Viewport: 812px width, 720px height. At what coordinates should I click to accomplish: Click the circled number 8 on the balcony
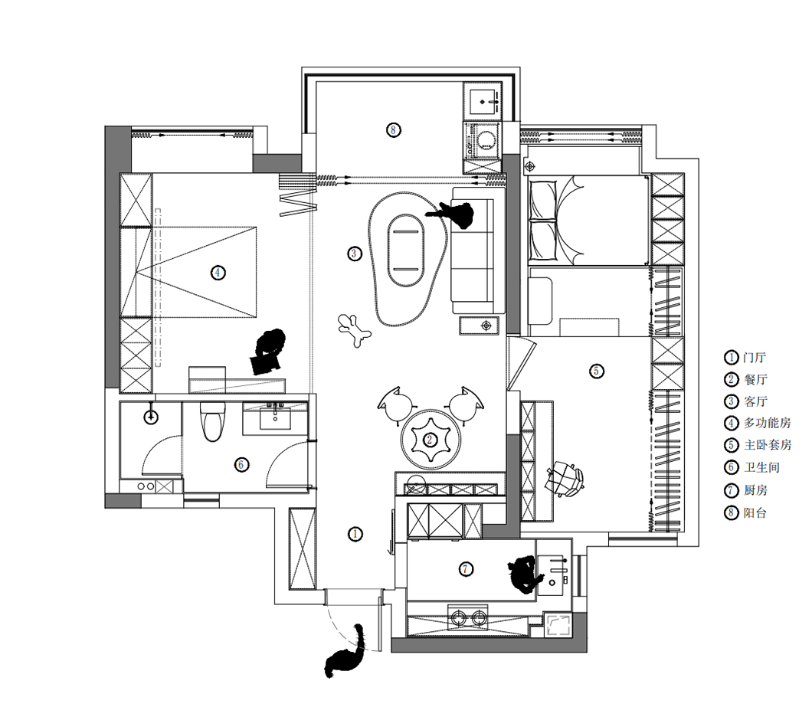pyautogui.click(x=393, y=129)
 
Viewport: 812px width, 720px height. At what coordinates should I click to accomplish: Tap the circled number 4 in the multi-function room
pyautogui.click(x=218, y=273)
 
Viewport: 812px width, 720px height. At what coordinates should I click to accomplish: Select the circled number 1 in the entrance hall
pyautogui.click(x=355, y=534)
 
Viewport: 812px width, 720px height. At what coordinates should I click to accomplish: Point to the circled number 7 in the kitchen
pyautogui.click(x=466, y=569)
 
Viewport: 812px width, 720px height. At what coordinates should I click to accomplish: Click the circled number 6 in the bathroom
pyautogui.click(x=241, y=465)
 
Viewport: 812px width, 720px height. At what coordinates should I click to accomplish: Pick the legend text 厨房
pyautogui.click(x=755, y=490)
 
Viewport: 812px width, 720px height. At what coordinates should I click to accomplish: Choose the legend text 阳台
pyautogui.click(x=755, y=512)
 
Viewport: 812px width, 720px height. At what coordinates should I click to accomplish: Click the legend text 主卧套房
pyautogui.click(x=768, y=444)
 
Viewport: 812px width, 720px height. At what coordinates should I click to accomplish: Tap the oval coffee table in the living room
pyautogui.click(x=406, y=250)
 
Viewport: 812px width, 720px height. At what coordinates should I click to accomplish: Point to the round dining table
pyautogui.click(x=431, y=440)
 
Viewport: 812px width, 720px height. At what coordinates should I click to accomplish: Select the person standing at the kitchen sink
pyautogui.click(x=525, y=574)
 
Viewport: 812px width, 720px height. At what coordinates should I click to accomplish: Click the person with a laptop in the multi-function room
pyautogui.click(x=268, y=352)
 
